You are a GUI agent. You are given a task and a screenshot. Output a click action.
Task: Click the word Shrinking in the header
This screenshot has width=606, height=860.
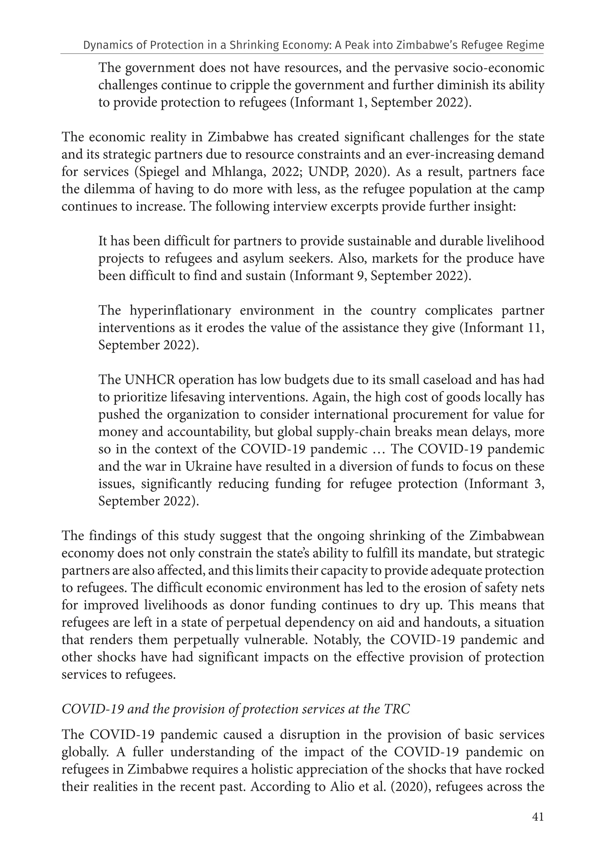pos(253,45)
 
